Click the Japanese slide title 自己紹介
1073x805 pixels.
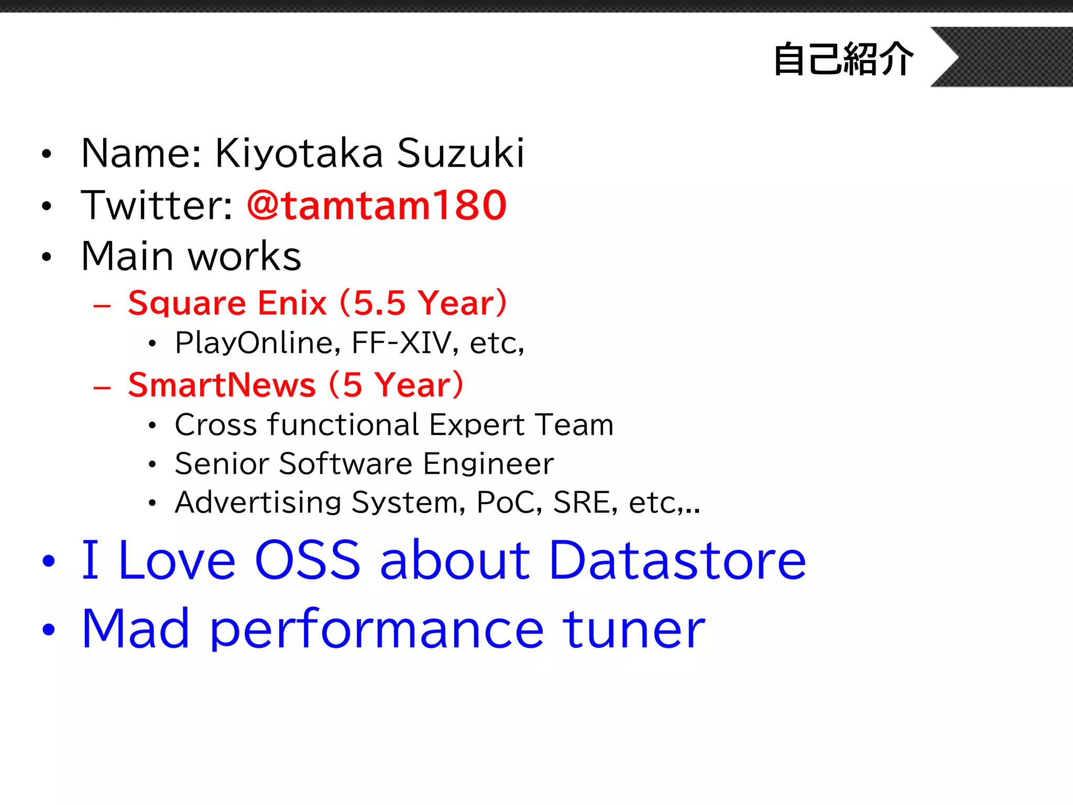(x=844, y=59)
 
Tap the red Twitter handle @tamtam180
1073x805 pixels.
(x=377, y=205)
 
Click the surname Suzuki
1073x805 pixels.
(x=461, y=153)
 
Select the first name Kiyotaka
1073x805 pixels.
(x=299, y=153)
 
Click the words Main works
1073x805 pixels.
(x=191, y=256)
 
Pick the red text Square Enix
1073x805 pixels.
(x=227, y=303)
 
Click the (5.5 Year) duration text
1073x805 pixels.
(x=423, y=303)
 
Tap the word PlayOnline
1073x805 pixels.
(x=257, y=343)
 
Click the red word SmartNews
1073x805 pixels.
(x=222, y=385)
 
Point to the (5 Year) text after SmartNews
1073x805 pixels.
(x=396, y=385)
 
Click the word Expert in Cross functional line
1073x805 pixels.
(x=477, y=425)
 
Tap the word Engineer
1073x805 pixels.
(x=488, y=464)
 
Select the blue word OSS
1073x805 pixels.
(x=308, y=561)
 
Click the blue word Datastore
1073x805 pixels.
(x=677, y=561)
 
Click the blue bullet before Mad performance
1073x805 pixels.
(x=49, y=629)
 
